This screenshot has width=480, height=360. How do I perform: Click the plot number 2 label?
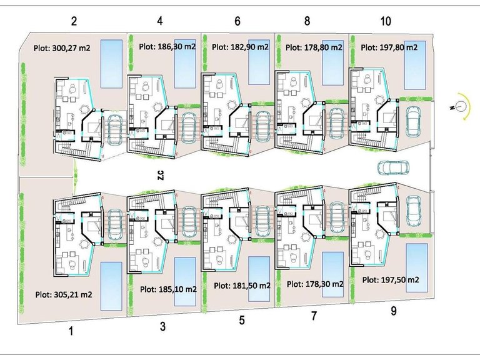click(74, 21)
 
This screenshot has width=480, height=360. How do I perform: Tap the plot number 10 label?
click(386, 21)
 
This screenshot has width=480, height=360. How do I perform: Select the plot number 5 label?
click(242, 320)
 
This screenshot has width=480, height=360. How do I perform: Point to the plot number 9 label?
click(394, 311)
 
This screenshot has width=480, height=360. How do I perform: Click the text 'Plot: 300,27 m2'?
click(62, 47)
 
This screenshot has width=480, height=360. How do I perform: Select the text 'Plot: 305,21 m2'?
click(64, 295)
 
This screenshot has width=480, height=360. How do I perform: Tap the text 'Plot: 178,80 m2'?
click(314, 47)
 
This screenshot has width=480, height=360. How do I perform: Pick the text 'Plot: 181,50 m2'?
click(242, 286)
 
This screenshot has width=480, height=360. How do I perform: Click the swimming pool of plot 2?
click(112, 64)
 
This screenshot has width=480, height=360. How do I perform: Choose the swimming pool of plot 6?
click(259, 62)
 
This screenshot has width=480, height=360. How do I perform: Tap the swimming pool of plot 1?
click(111, 286)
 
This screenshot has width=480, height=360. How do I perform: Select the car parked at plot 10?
click(413, 121)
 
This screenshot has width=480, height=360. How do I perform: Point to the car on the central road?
click(393, 167)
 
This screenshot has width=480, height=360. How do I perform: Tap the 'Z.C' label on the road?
click(161, 175)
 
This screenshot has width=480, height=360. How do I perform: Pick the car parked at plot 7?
click(336, 217)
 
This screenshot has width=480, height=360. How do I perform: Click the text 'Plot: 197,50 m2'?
click(391, 280)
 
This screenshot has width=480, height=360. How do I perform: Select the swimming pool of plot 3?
click(185, 282)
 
